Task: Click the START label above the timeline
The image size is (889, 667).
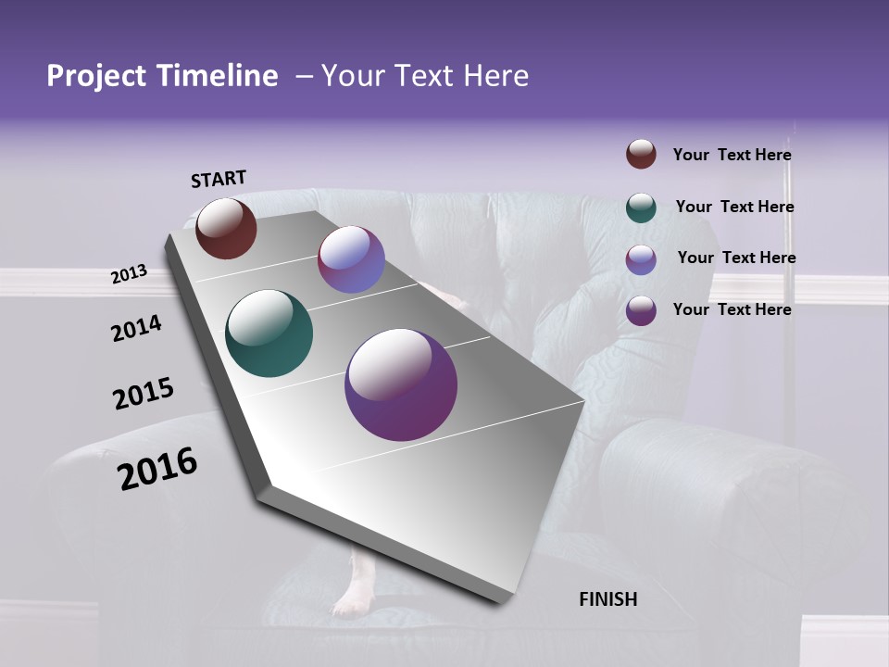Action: [219, 179]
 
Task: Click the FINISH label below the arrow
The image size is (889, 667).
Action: [607, 599]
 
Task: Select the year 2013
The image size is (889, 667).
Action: [129, 274]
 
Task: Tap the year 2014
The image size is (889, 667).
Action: [136, 329]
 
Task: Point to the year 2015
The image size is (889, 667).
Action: [143, 394]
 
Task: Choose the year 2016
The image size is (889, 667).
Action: [157, 469]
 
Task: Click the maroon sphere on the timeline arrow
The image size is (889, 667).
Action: [226, 228]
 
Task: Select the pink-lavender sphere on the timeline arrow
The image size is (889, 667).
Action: [351, 259]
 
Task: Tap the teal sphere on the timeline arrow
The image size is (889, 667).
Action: [269, 333]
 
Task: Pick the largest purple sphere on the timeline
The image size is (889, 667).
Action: [401, 384]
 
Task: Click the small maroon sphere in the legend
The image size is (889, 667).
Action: [641, 154]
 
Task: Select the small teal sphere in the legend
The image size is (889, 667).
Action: [641, 208]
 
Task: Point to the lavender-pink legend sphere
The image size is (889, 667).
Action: [641, 259]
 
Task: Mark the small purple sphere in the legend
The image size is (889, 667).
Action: [641, 310]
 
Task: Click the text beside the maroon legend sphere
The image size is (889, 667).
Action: [732, 156]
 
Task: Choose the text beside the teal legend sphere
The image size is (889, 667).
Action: [734, 207]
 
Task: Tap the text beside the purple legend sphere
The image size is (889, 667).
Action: [732, 309]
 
